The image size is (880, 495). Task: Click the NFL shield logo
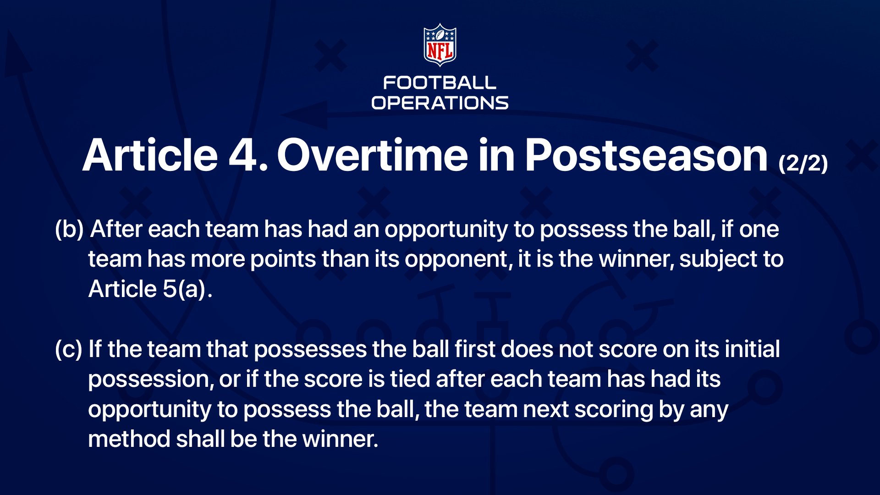coord(440,45)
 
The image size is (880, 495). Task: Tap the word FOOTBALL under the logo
coord(440,83)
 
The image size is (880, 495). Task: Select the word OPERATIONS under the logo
coord(440,103)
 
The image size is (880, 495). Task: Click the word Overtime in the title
coord(373,155)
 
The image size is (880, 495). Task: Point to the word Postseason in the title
coord(646,155)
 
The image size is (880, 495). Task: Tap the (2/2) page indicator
coord(803,163)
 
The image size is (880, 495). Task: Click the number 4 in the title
coord(243,156)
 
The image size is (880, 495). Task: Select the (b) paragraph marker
coord(69,229)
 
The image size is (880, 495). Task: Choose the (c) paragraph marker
coord(69,349)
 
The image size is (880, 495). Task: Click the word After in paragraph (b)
coord(116,229)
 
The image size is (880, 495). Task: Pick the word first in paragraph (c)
coord(475,349)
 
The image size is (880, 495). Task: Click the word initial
coord(752,349)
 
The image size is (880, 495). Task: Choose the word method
coord(129,439)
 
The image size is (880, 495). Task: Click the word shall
coord(200,439)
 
